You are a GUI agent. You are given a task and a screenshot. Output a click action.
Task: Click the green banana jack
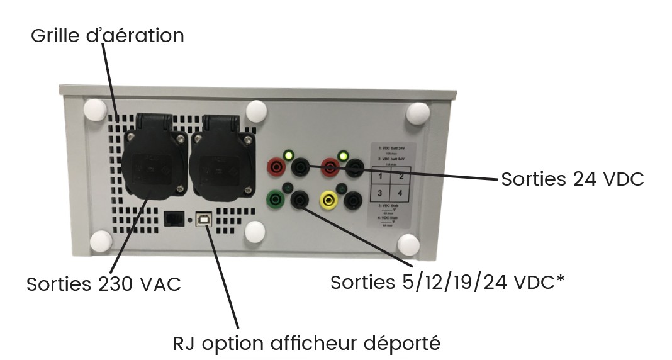(275, 201)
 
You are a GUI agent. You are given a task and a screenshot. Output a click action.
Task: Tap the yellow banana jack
(327, 201)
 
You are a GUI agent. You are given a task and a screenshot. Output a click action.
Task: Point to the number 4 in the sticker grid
(400, 193)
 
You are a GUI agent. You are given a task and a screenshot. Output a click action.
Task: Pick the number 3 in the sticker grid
(381, 193)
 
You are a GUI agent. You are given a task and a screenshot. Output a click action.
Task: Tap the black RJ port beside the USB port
(173, 218)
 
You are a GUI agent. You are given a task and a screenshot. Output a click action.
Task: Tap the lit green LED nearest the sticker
(343, 155)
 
